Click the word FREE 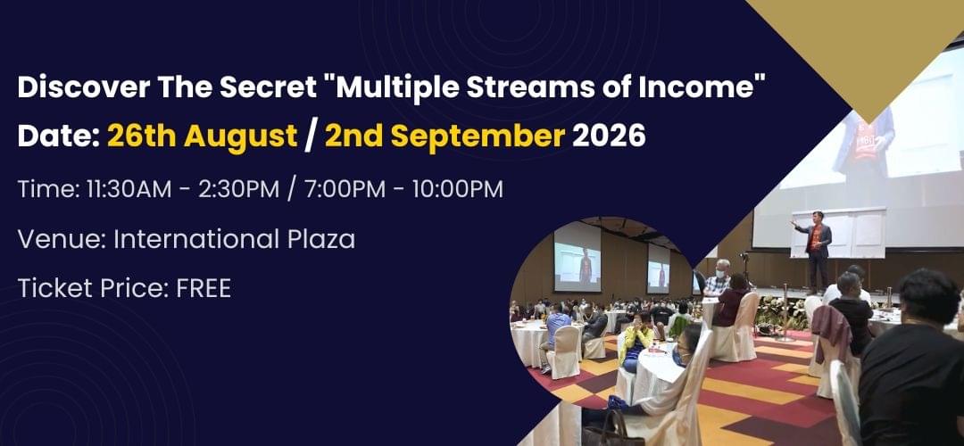coord(204,288)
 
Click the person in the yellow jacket coord(636,345)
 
